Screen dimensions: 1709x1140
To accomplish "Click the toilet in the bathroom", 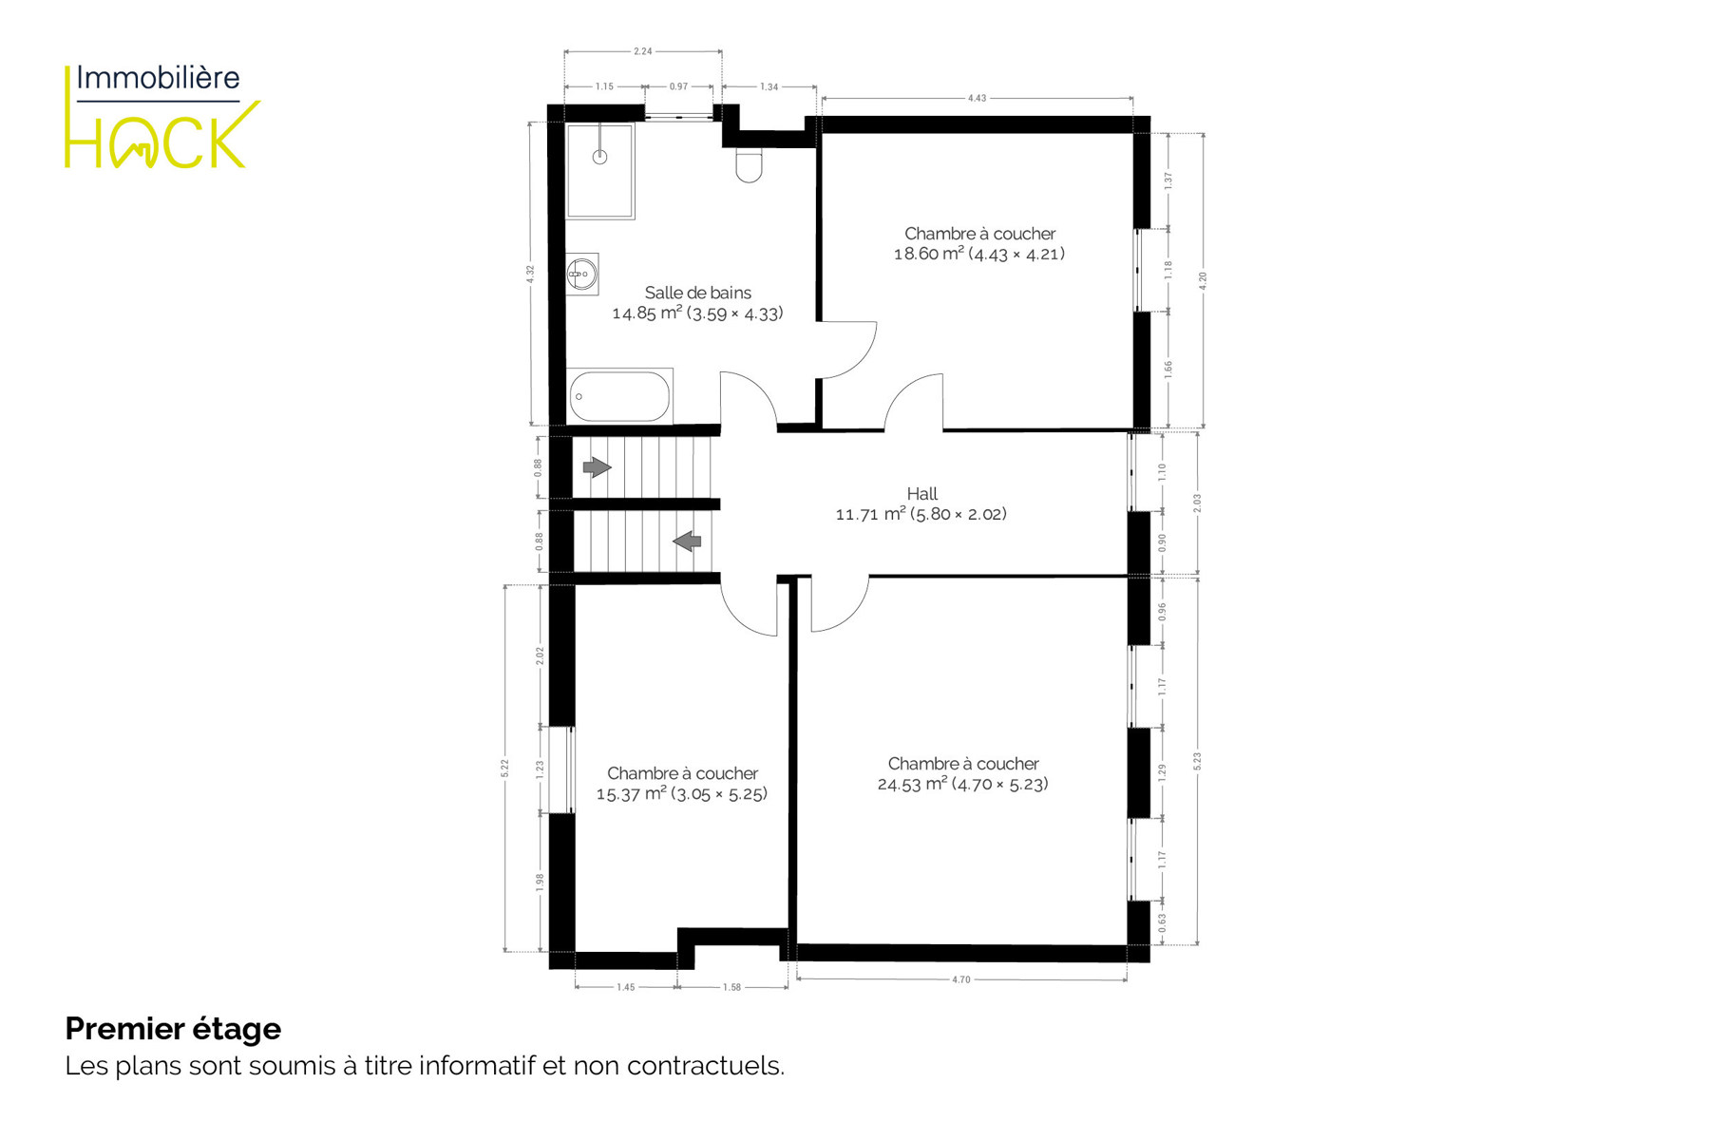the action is pyautogui.click(x=749, y=165).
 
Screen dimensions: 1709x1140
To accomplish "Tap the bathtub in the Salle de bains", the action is pyautogui.click(x=619, y=396).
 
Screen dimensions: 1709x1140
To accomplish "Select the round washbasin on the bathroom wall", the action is pyautogui.click(x=582, y=275).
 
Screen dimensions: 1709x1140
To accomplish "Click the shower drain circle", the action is pyautogui.click(x=599, y=158).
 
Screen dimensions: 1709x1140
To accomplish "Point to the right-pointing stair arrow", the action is pyautogui.click(x=597, y=467).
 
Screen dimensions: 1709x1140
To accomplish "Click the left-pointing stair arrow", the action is pyautogui.click(x=687, y=541).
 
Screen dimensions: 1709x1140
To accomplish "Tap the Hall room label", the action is pyautogui.click(x=921, y=494).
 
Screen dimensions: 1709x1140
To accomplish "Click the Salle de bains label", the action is pyautogui.click(x=698, y=293).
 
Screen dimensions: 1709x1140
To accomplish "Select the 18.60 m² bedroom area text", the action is pyautogui.click(x=979, y=254).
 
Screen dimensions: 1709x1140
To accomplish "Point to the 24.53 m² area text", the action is pyautogui.click(x=962, y=784).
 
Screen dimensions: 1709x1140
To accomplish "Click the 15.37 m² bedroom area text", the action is pyautogui.click(x=681, y=794).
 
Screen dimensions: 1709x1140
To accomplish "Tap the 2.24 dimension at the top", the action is pyautogui.click(x=643, y=51).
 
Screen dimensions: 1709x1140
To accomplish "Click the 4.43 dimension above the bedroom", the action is pyautogui.click(x=977, y=98).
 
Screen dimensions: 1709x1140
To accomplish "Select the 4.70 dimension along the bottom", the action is pyautogui.click(x=961, y=979).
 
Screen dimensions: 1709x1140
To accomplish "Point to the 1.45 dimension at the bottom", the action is pyautogui.click(x=625, y=988).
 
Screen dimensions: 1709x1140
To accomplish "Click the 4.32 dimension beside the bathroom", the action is pyautogui.click(x=531, y=274).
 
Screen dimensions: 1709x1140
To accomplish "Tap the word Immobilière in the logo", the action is pyautogui.click(x=158, y=78).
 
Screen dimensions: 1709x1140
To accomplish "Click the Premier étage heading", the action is pyautogui.click(x=173, y=1029).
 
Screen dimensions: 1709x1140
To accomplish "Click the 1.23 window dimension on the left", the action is pyautogui.click(x=541, y=770).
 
